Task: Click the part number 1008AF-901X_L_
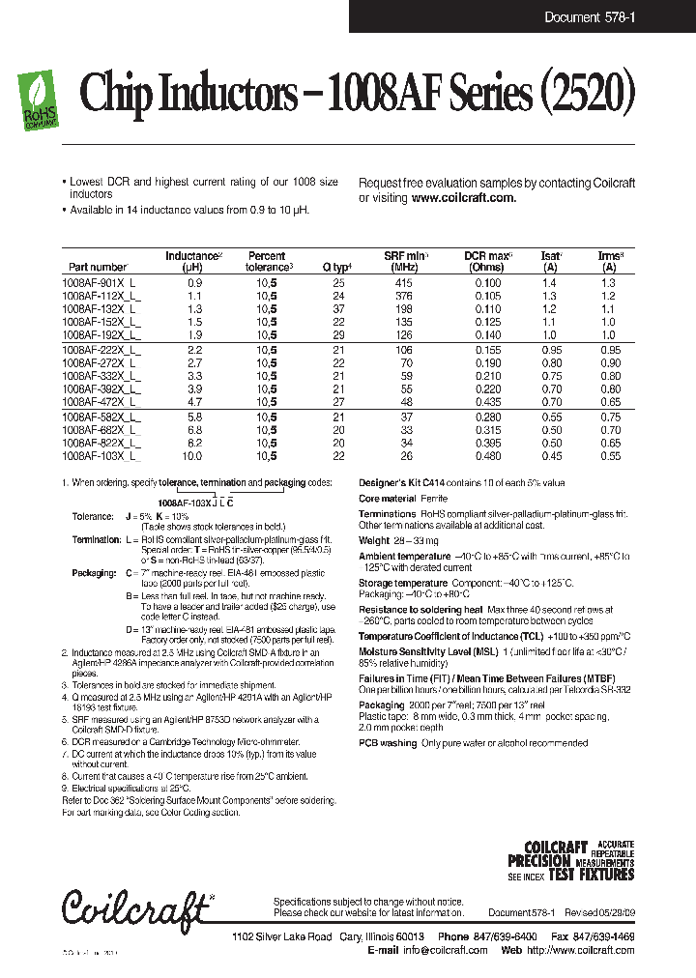pyautogui.click(x=101, y=281)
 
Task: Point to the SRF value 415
pyautogui.click(x=404, y=281)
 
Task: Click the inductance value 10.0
pyautogui.click(x=193, y=454)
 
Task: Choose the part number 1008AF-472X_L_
pyautogui.click(x=101, y=400)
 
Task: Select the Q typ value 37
pyautogui.click(x=338, y=308)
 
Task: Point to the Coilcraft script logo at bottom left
pyautogui.click(x=135, y=906)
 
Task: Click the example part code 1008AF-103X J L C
pyautogui.click(x=195, y=503)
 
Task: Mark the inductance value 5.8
pyautogui.click(x=193, y=415)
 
